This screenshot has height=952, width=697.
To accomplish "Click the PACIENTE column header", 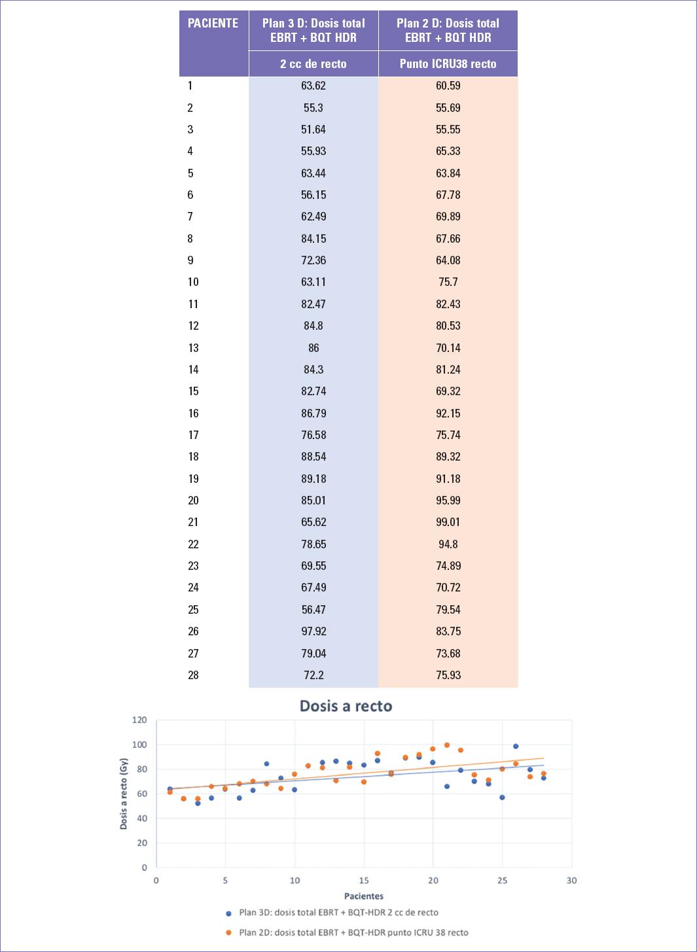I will pyautogui.click(x=213, y=24).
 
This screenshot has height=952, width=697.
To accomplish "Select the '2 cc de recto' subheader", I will pyautogui.click(x=313, y=64).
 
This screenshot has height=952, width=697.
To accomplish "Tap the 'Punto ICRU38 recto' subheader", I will pyautogui.click(x=448, y=64).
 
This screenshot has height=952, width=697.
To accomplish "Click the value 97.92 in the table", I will pyautogui.click(x=313, y=631).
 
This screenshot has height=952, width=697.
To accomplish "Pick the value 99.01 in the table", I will pyautogui.click(x=448, y=522).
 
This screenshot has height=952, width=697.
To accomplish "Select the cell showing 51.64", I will pyautogui.click(x=313, y=130).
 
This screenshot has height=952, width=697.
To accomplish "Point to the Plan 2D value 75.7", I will pyautogui.click(x=448, y=282).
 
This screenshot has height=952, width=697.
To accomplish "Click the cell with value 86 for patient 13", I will pyautogui.click(x=313, y=348).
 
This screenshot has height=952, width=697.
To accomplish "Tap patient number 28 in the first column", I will pyautogui.click(x=193, y=675).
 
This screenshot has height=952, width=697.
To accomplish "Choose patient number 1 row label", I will pyautogui.click(x=190, y=86).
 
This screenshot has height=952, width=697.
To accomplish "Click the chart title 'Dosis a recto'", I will pyautogui.click(x=346, y=706).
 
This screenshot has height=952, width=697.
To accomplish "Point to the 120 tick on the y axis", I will pyautogui.click(x=139, y=720).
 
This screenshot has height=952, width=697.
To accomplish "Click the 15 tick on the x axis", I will pyautogui.click(x=364, y=881).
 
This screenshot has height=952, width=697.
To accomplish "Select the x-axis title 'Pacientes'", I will pyautogui.click(x=364, y=896).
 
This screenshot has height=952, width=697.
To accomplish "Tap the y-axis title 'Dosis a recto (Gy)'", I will pyautogui.click(x=124, y=794).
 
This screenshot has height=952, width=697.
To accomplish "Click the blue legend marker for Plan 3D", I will pyautogui.click(x=228, y=913).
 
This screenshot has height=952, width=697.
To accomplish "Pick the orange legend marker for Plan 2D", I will pyautogui.click(x=228, y=933).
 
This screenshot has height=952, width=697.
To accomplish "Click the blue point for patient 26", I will pyautogui.click(x=516, y=747).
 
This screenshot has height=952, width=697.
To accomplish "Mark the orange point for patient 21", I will pyautogui.click(x=447, y=745).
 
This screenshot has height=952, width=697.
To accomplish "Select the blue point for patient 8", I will pyautogui.click(x=267, y=764).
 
